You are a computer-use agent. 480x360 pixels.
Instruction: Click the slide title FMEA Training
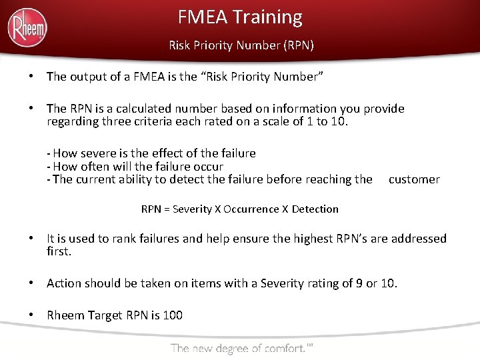pos(240,17)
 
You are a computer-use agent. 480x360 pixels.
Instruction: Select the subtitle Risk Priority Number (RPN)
pos(241,46)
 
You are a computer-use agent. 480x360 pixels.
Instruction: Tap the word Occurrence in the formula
pos(251,209)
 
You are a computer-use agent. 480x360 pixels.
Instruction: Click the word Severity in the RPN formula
pos(191,209)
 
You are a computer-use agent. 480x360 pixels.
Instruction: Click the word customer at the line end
pos(414,179)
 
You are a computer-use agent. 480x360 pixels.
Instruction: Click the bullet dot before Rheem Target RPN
pos(31,315)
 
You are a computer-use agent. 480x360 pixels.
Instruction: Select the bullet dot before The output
pos(31,77)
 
